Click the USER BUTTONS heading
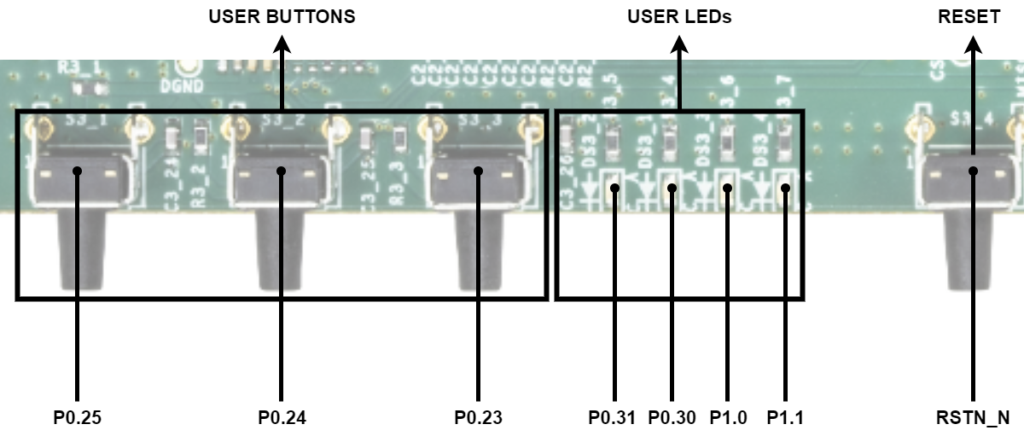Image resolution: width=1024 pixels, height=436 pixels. click(x=282, y=16)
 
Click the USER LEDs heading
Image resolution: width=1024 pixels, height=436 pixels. click(x=679, y=16)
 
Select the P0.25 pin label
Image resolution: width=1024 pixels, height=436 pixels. click(x=78, y=418)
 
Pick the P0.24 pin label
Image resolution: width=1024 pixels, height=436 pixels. click(x=282, y=418)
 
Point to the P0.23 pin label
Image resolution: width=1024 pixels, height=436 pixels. click(x=478, y=418)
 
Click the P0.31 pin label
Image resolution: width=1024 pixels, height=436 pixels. click(x=613, y=418)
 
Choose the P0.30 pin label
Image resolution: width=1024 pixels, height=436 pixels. click(x=672, y=418)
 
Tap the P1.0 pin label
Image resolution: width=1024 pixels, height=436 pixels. click(x=728, y=418)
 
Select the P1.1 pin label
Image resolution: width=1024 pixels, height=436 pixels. click(x=785, y=418)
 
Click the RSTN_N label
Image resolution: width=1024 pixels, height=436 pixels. click(x=973, y=418)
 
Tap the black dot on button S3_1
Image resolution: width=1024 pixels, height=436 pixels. click(x=78, y=171)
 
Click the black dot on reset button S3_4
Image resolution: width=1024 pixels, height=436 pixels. click(x=973, y=171)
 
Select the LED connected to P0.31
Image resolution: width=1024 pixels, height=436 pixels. click(x=613, y=189)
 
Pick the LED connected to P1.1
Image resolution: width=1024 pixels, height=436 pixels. click(x=785, y=189)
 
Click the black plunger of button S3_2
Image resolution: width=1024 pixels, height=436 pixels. click(x=282, y=247)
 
